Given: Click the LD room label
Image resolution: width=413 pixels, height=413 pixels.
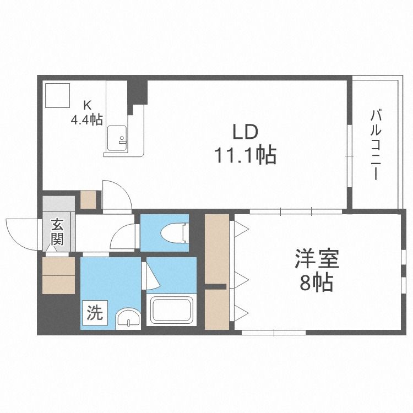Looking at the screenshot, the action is click(244, 132).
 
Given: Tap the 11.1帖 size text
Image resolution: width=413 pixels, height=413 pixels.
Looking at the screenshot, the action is click(246, 155).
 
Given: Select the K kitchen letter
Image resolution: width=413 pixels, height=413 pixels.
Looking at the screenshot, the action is click(87, 106).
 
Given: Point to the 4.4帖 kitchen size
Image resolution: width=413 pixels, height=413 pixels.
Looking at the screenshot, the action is click(86, 120).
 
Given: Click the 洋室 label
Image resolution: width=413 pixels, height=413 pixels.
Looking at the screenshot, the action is click(317, 258).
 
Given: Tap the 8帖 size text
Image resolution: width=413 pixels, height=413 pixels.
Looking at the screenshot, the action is click(316, 282).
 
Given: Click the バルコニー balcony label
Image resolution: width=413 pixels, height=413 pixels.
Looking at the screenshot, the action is click(376, 145).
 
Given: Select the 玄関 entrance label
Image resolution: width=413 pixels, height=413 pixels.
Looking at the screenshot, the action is click(57, 232).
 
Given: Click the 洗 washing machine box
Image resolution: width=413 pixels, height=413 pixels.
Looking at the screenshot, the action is click(95, 313).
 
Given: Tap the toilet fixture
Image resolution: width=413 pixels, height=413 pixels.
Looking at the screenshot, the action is click(174, 232).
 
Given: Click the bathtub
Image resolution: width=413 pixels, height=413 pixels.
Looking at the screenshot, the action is click(171, 309).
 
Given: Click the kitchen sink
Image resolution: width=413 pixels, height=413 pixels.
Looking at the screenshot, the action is click(117, 139).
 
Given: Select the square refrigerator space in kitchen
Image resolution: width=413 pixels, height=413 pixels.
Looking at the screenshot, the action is click(57, 95).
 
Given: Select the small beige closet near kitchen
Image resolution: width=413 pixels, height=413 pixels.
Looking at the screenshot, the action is click(88, 199).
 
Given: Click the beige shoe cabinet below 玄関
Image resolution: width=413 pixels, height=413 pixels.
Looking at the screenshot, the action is click(58, 275).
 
